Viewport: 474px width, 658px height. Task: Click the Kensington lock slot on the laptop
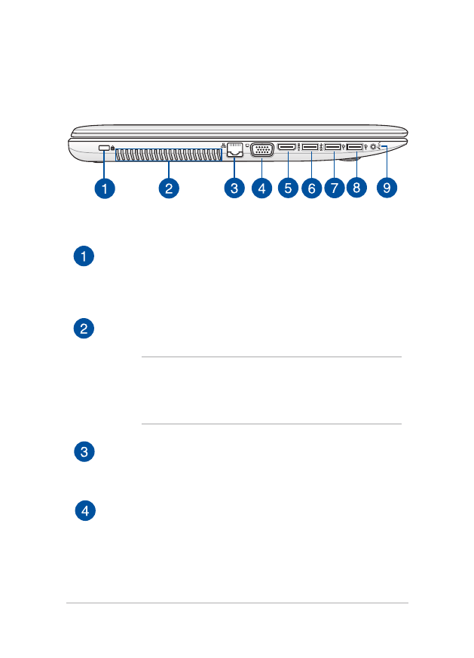(x=104, y=148)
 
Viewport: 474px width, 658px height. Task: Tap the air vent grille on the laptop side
(x=169, y=154)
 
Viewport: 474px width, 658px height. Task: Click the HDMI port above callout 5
(x=287, y=147)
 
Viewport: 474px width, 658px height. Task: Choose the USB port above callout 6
(x=310, y=147)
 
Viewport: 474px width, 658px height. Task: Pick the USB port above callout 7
(x=332, y=147)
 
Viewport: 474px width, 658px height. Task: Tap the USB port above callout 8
(x=354, y=147)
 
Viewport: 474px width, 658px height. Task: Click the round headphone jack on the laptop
(x=374, y=147)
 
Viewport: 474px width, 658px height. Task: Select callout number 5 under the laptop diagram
(x=288, y=188)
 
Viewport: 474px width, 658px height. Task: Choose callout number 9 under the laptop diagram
(x=387, y=188)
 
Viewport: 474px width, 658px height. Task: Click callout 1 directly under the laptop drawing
(x=105, y=188)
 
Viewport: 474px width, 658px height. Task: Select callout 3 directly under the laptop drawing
(x=234, y=188)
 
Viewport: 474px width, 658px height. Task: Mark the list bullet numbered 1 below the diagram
(x=85, y=257)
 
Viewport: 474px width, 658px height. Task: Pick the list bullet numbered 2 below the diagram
(x=85, y=329)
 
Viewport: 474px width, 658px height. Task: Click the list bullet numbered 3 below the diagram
(x=85, y=452)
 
